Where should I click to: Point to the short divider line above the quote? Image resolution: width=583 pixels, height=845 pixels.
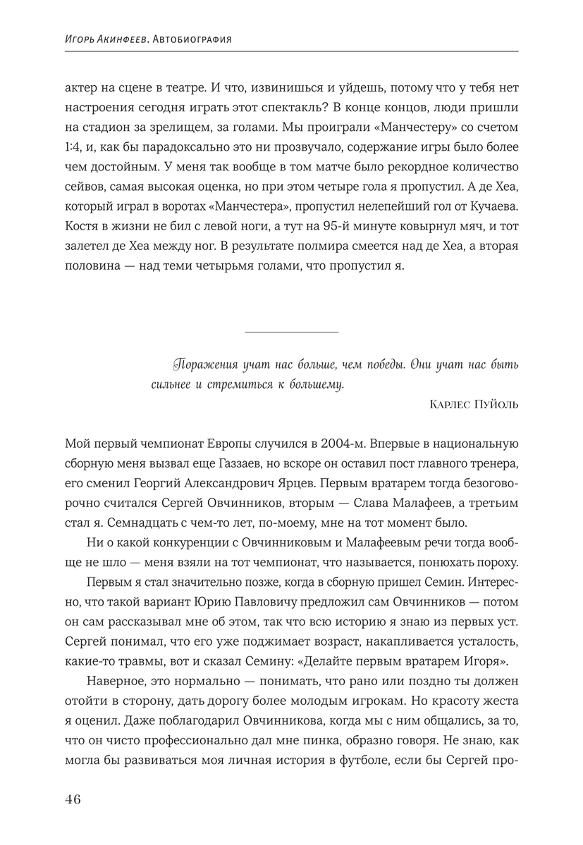coord(291,332)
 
